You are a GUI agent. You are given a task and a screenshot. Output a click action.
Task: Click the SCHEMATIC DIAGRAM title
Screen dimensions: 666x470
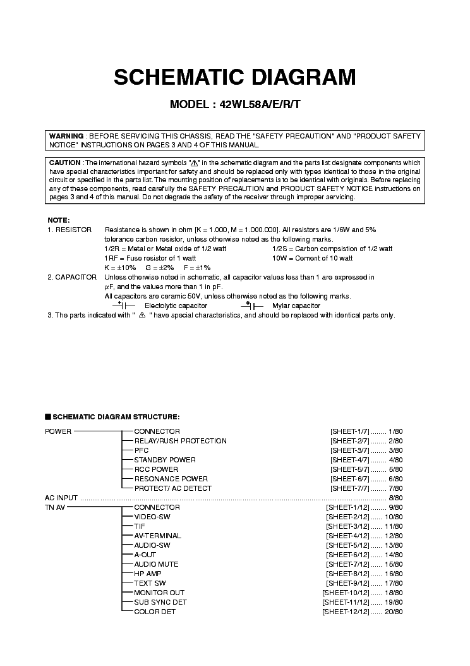pos(234,77)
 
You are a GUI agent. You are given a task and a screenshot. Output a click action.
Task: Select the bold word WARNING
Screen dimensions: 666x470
pos(66,136)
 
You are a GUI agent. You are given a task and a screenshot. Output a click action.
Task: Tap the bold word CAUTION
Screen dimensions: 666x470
pos(65,163)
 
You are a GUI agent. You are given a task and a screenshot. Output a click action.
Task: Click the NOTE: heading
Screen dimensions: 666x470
pos(58,220)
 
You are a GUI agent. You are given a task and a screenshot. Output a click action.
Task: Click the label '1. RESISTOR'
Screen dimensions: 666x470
pos(69,230)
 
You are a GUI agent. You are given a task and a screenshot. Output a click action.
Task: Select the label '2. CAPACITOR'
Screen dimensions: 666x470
pos(72,277)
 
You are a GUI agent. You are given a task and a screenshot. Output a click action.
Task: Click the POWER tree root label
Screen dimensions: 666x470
pos(58,431)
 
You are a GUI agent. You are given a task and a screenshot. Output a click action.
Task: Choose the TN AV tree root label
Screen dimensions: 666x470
pos(55,507)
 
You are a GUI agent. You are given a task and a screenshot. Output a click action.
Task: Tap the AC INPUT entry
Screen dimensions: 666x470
pos(61,498)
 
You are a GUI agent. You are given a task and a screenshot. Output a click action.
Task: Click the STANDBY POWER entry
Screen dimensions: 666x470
pos(165,460)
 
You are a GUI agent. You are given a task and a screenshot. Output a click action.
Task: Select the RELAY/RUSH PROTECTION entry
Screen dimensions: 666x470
pos(180,441)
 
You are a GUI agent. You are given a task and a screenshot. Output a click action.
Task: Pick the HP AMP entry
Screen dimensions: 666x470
pos(148,574)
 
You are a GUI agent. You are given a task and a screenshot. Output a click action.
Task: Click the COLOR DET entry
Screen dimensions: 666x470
pos(155,612)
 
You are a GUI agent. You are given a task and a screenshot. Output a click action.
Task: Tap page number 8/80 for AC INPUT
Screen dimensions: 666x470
pos(395,498)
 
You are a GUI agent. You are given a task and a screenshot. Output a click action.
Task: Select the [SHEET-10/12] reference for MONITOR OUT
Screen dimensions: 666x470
pos(345,593)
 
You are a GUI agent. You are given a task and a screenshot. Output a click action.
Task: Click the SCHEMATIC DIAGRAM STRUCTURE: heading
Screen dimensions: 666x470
pos(116,417)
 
